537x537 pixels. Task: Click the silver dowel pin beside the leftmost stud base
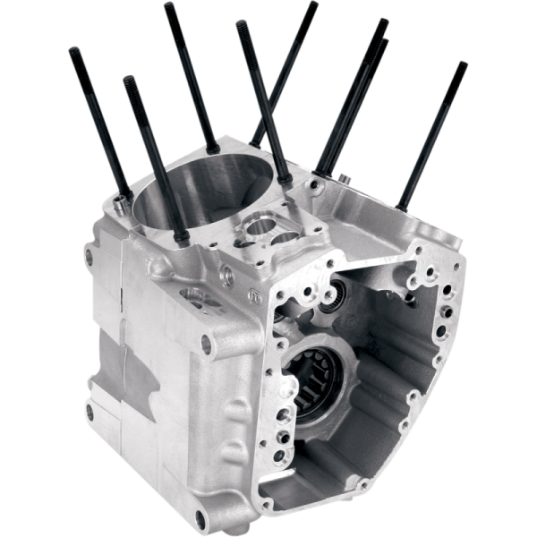coord(119,204)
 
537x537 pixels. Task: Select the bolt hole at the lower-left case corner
coord(89,411)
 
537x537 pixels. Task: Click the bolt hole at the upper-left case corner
coord(88,258)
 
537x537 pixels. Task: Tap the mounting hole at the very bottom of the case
coord(200,518)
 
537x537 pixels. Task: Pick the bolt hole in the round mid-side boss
coord(206,343)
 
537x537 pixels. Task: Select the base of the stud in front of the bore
coord(179,238)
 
